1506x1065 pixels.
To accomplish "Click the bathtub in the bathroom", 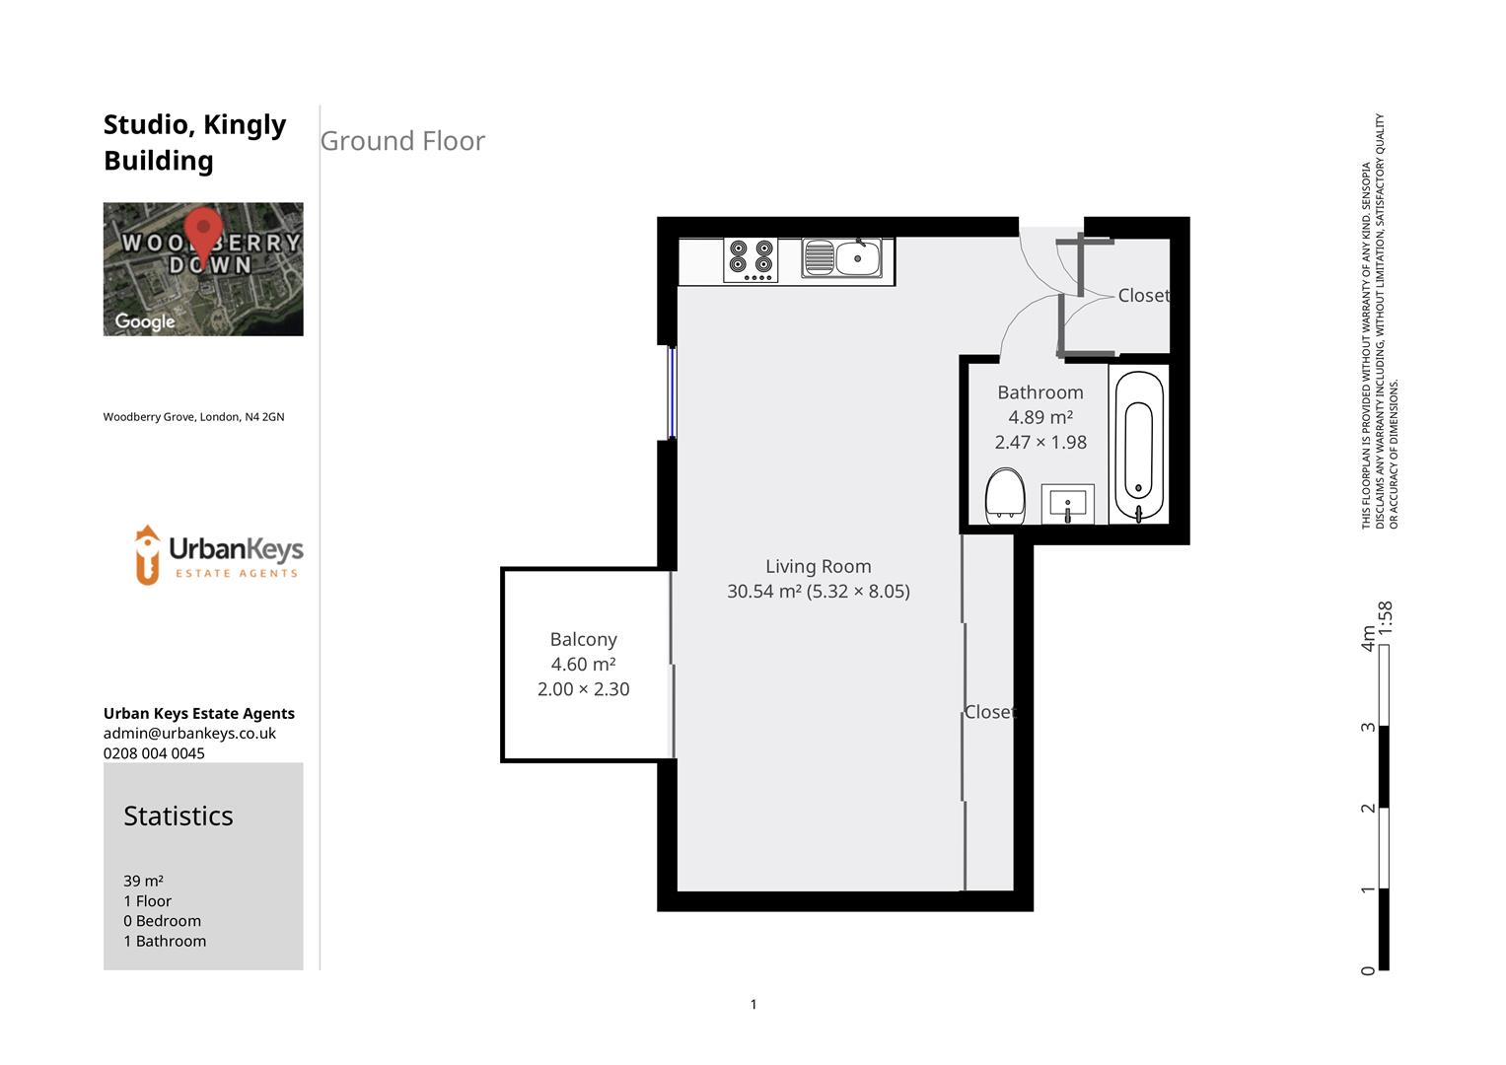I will click(1138, 445).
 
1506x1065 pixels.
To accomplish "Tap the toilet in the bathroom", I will click(1005, 496).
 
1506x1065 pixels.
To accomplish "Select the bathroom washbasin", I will click(1067, 504).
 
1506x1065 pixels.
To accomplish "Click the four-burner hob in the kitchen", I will click(751, 259).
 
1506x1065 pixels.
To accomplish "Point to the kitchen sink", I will click(846, 258).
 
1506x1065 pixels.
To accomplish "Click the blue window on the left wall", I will click(672, 391).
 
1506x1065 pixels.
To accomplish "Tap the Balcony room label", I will click(583, 639).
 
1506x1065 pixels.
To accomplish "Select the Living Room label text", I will click(818, 566).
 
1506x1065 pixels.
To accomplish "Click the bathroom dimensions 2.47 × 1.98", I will click(1040, 442).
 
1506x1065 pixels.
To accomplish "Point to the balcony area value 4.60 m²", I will click(583, 665).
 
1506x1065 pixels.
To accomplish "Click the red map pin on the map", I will click(203, 233).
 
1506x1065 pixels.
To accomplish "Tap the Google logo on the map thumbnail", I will click(145, 321).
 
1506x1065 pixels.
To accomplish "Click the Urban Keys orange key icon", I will click(147, 554).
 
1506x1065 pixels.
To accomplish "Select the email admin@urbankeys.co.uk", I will click(189, 733).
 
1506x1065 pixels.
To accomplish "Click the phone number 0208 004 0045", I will click(154, 752).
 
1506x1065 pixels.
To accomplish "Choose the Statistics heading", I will click(179, 816).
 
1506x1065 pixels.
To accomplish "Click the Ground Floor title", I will click(402, 141).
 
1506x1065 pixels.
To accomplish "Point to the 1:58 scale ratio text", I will click(1385, 617).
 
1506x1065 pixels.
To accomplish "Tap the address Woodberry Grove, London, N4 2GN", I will click(193, 417).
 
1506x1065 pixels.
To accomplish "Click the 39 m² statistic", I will click(143, 881).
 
